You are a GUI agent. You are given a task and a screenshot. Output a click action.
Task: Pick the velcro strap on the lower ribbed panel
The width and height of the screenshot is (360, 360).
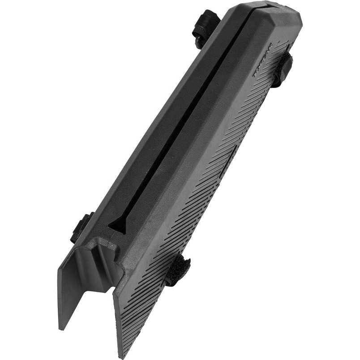(x=178, y=270)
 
